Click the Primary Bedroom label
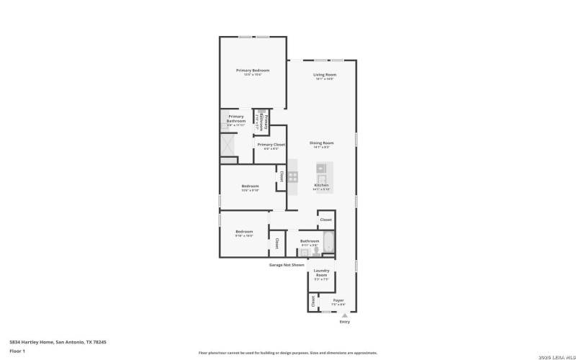[x=252, y=70]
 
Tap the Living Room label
[x=324, y=75]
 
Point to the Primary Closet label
[x=271, y=145]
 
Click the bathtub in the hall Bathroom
[x=328, y=243]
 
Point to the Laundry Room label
[x=321, y=273]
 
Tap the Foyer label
[x=338, y=300]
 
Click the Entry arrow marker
[x=344, y=315]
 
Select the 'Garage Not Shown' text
[x=287, y=264]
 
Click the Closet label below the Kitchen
[x=325, y=220]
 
